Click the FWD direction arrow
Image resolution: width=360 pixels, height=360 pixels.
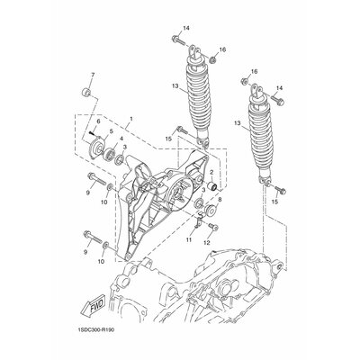(92, 307)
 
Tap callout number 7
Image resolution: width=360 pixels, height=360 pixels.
(93, 75)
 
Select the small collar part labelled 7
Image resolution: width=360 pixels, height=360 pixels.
(86, 92)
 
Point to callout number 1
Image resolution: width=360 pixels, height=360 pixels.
(130, 119)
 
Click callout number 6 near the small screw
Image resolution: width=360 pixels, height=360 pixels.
(98, 121)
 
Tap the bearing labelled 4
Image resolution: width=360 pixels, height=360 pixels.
(110, 153)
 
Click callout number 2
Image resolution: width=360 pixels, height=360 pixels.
(211, 172)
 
